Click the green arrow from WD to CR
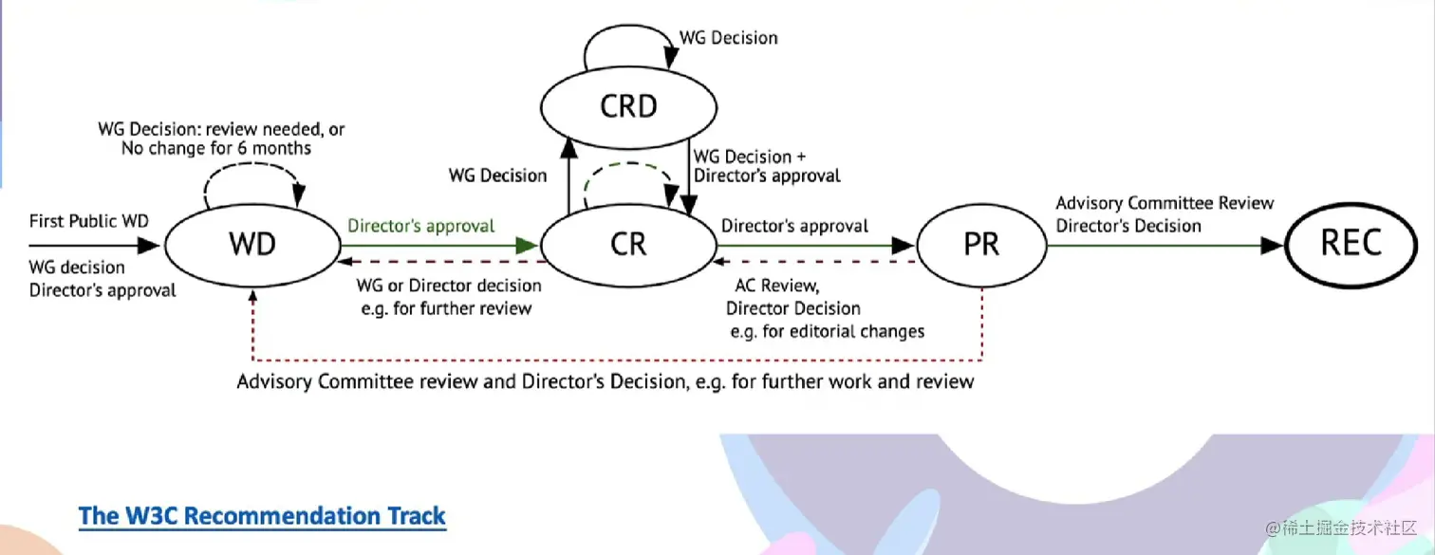tap(439, 245)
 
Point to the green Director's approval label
tap(420, 226)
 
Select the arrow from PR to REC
tap(1165, 245)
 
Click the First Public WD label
tap(89, 221)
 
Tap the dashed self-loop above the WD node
tap(252, 164)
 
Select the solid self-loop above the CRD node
tap(629, 26)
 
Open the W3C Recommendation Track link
tap(262, 516)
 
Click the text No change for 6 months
tap(216, 149)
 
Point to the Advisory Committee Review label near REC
tap(1165, 203)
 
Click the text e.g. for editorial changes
tap(827, 332)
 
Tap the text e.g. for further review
tap(446, 308)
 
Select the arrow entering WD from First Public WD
tap(94, 245)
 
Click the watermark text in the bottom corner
tap(1340, 527)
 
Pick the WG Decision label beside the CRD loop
tap(729, 38)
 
